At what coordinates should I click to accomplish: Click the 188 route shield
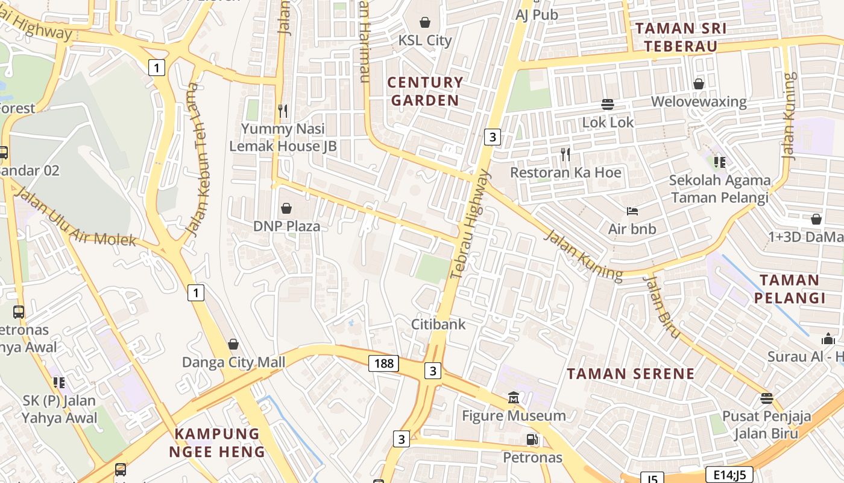click(x=383, y=363)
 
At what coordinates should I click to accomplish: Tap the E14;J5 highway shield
click(x=729, y=475)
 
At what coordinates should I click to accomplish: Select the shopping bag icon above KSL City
click(x=425, y=22)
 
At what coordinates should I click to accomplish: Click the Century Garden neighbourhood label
click(x=425, y=91)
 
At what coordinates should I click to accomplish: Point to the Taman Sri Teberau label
click(x=681, y=37)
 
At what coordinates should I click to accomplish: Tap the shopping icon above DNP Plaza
click(x=286, y=208)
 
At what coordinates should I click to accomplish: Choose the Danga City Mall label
click(x=233, y=362)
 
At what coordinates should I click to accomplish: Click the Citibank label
click(x=438, y=324)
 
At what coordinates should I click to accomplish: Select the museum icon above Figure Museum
click(x=514, y=398)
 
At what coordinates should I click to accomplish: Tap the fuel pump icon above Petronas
click(x=532, y=440)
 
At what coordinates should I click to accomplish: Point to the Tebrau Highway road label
click(x=471, y=225)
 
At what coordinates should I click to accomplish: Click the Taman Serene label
click(x=631, y=374)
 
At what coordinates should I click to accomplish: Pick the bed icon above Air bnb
click(x=632, y=211)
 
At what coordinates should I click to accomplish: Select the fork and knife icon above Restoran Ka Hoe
click(x=565, y=155)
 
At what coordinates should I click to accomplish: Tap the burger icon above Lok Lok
click(x=608, y=104)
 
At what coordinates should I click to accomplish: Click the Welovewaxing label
click(x=698, y=101)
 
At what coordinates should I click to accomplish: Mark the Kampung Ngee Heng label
click(x=217, y=443)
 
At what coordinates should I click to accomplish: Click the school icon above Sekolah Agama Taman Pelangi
click(x=719, y=162)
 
